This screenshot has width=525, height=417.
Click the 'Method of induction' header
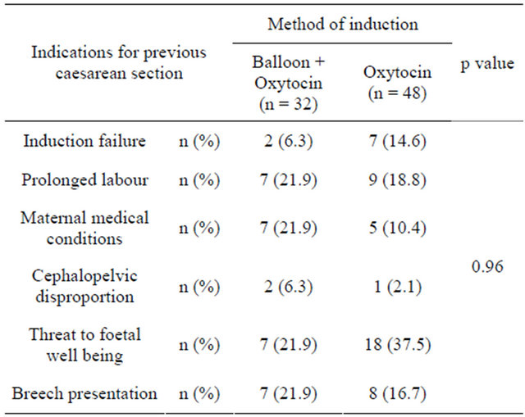pyautogui.click(x=343, y=24)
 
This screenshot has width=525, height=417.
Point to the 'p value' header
pyautogui.click(x=486, y=65)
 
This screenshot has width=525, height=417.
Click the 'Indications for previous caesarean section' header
pyautogui.click(x=118, y=62)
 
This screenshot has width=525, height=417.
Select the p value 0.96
pyautogui.click(x=486, y=267)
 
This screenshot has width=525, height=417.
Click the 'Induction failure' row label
pyautogui.click(x=84, y=141)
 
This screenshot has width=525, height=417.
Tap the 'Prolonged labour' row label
pyautogui.click(x=84, y=180)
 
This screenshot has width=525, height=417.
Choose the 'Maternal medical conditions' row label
pyautogui.click(x=84, y=228)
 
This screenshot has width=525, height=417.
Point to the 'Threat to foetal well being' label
pyautogui.click(x=84, y=344)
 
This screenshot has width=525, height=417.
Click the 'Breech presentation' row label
pyautogui.click(x=84, y=393)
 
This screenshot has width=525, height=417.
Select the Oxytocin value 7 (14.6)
pyautogui.click(x=397, y=141)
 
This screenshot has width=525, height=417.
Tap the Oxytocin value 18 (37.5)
pyautogui.click(x=397, y=345)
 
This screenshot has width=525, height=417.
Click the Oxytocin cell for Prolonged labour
pyautogui.click(x=397, y=180)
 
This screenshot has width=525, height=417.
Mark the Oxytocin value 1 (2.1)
pyautogui.click(x=397, y=287)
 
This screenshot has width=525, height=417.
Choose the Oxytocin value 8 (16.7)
pyautogui.click(x=397, y=393)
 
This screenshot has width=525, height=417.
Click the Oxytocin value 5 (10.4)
pyautogui.click(x=397, y=229)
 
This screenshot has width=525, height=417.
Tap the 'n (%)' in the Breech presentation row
pyautogui.click(x=196, y=393)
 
